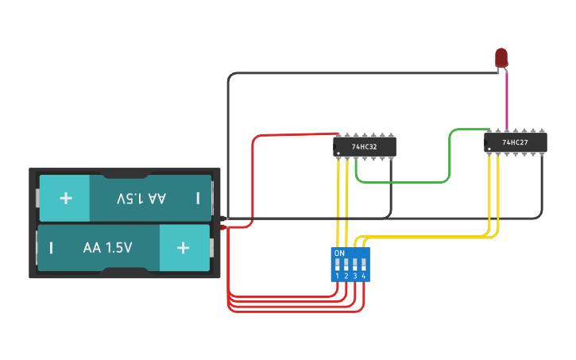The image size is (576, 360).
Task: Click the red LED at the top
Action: pos(501,57)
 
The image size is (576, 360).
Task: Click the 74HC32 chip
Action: pos(365,146)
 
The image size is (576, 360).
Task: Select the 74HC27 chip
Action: pos(516,142)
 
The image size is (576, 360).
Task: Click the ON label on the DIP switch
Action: pos(339,253)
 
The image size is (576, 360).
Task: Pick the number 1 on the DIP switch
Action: pos(338,276)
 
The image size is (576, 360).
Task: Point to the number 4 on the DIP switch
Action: pos(364,276)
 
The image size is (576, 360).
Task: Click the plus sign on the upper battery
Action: pos(66,197)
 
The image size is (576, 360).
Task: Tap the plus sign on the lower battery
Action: pos(184,247)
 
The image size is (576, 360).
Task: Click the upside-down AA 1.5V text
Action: pos(141,197)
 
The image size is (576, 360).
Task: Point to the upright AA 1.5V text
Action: pos(107,247)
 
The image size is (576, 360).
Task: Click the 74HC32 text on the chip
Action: pos(364,147)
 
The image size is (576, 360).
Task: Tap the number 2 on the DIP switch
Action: pos(346,276)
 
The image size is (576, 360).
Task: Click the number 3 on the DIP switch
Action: pos(355,276)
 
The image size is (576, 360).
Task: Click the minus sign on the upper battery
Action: pos(198,197)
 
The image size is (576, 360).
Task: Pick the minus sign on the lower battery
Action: pos(51,247)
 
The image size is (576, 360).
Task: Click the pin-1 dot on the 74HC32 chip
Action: pos(338,153)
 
